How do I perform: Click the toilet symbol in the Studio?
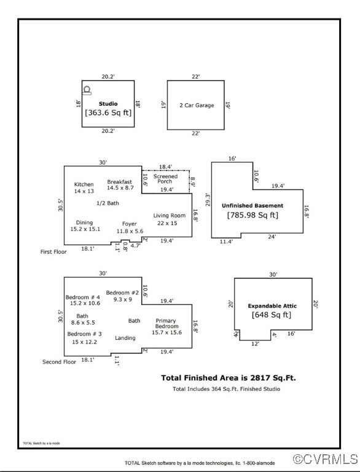coord(87,90)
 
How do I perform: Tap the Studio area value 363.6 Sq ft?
coord(108,112)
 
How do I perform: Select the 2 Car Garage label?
coord(197,105)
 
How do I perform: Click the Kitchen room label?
coord(84,184)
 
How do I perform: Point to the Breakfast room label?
coord(120,182)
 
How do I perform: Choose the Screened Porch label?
coord(165,179)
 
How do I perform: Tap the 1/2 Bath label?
coord(108,203)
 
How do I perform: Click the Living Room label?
coord(169,216)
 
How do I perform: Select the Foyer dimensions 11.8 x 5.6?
coord(130,231)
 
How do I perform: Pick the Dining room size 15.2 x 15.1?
coord(85,229)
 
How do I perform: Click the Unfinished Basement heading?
coord(252,206)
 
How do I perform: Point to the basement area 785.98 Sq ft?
coord(252,215)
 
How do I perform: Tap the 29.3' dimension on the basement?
coord(208,200)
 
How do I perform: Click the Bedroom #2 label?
coord(122,293)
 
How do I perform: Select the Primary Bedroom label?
coord(166,323)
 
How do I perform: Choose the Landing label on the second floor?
coord(125,338)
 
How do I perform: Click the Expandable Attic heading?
coord(272,306)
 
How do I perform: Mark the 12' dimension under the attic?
coord(255,344)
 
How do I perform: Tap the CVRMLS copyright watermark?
coord(325,459)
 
